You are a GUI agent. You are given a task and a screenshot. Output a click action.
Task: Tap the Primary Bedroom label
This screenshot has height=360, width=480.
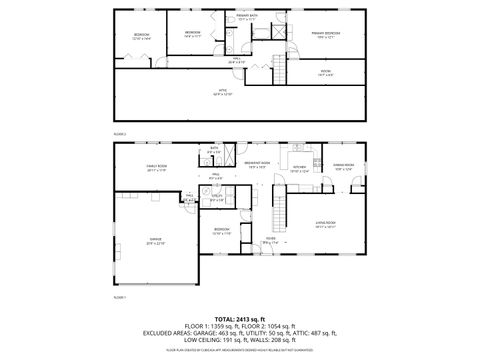(x=326, y=33)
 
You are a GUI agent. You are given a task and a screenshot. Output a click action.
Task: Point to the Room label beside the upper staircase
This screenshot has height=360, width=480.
(x=326, y=71)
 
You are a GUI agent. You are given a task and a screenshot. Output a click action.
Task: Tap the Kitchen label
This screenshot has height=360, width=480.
(x=299, y=168)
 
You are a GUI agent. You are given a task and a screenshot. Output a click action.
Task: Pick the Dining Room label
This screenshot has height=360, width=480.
(x=343, y=165)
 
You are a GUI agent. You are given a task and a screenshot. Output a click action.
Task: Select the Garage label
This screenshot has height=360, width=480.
(x=155, y=241)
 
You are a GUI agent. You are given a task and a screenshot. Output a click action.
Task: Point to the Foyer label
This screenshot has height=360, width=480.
(x=270, y=238)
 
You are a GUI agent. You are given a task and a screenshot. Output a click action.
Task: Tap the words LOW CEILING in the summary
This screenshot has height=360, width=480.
(x=202, y=341)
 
